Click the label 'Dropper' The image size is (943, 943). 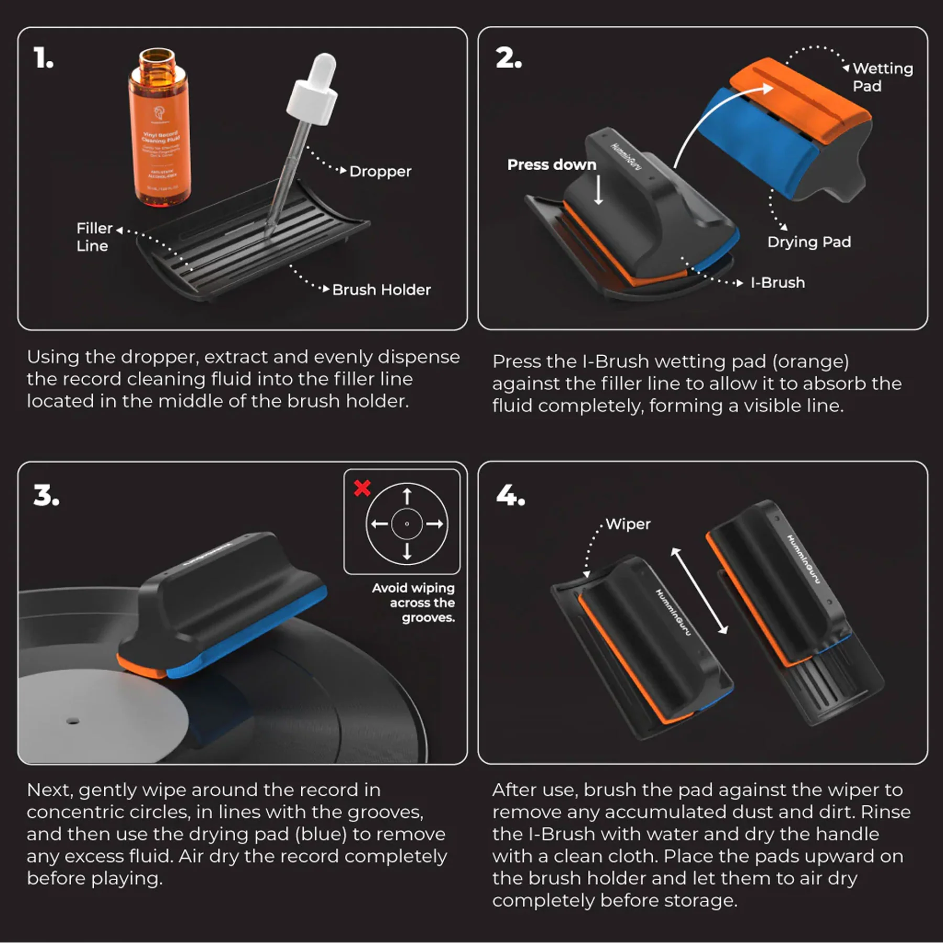(380, 171)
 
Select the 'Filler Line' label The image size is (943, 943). (94, 237)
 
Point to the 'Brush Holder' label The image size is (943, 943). (381, 290)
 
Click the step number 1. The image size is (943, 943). (43, 58)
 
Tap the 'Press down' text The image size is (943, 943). (551, 165)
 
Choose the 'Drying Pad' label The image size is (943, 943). (808, 242)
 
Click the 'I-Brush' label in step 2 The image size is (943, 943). (777, 283)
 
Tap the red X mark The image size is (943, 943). (362, 488)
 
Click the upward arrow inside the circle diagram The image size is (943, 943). (407, 496)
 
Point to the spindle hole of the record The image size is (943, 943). (73, 721)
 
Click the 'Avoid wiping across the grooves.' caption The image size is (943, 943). (414, 602)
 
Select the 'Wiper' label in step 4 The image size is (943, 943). (628, 524)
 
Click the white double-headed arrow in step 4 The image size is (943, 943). (699, 590)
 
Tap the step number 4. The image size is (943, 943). (510, 495)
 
